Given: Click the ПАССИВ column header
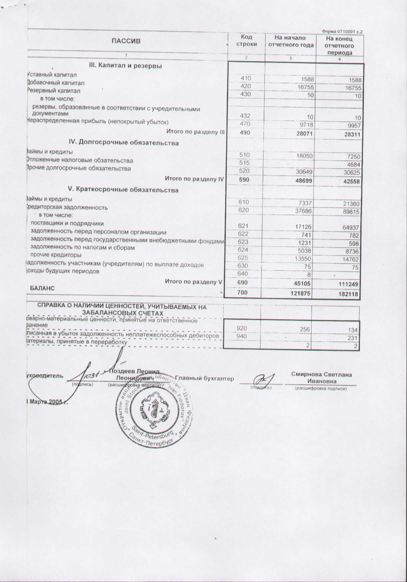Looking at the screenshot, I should pos(126,41).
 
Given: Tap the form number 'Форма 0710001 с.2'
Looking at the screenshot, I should pos(342,31).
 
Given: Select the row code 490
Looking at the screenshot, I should pos(245,133).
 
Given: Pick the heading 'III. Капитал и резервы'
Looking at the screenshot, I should pos(125,66).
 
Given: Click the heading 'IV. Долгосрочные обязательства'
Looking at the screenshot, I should pos(124,143).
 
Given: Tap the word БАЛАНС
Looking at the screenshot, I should pos(42,288).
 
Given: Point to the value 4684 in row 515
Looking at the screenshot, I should pos(353,165).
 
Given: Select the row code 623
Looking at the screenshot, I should pos(243,242).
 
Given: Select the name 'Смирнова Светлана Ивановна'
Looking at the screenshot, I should pos(321,378).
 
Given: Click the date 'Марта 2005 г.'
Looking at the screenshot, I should pos(47,402).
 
